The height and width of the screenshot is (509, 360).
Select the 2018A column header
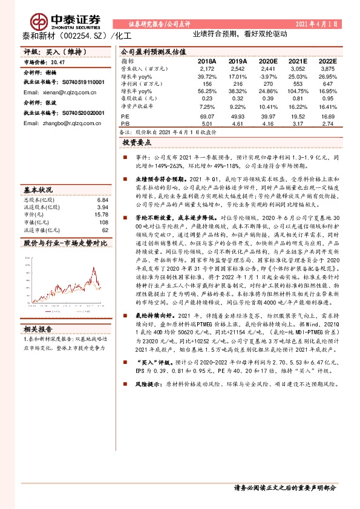206,61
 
